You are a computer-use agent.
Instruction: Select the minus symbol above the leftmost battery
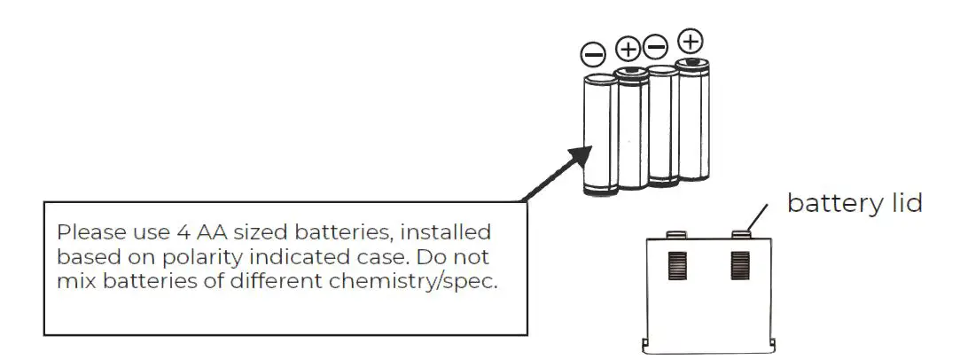click(592, 54)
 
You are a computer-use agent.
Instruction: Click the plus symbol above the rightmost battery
click(690, 41)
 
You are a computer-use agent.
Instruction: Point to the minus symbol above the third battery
click(656, 45)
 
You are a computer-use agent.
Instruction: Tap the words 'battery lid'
click(855, 203)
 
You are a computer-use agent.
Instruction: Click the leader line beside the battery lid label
click(758, 215)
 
